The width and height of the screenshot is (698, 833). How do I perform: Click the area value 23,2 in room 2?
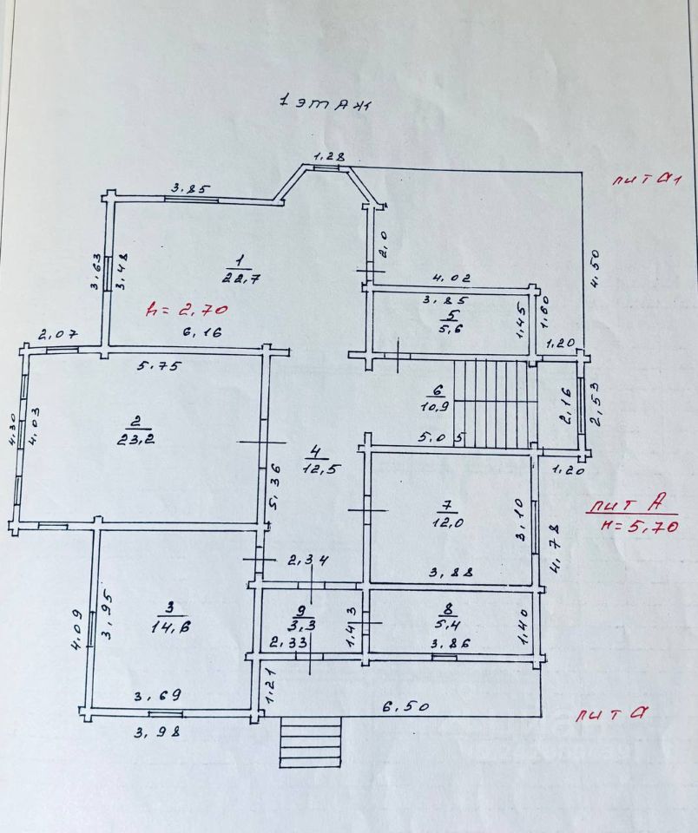(135, 439)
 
